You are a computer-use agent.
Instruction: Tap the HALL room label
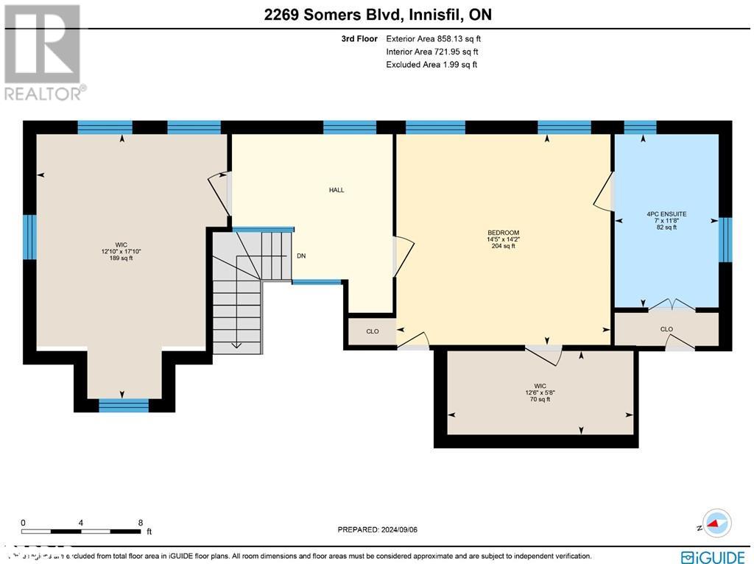(337, 190)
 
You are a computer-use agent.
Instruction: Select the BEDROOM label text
(503, 233)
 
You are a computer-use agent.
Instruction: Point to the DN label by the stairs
(301, 256)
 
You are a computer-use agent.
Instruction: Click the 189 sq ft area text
(121, 258)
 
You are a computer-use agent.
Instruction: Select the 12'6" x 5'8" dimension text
(540, 392)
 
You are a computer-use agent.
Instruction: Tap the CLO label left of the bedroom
(373, 331)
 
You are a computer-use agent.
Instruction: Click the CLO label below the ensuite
(666, 329)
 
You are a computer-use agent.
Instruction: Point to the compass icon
(716, 523)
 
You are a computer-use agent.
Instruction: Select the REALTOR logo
(43, 52)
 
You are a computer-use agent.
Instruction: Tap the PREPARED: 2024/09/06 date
(377, 529)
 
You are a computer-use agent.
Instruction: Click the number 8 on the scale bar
(140, 522)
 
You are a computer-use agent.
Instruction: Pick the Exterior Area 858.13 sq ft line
(433, 39)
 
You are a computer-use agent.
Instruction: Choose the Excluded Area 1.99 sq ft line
(431, 65)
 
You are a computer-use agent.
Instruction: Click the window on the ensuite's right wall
(725, 240)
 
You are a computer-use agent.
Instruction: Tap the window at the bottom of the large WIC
(124, 405)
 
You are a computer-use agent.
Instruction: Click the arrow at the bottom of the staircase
(237, 343)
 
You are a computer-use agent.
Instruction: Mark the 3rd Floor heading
(359, 39)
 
